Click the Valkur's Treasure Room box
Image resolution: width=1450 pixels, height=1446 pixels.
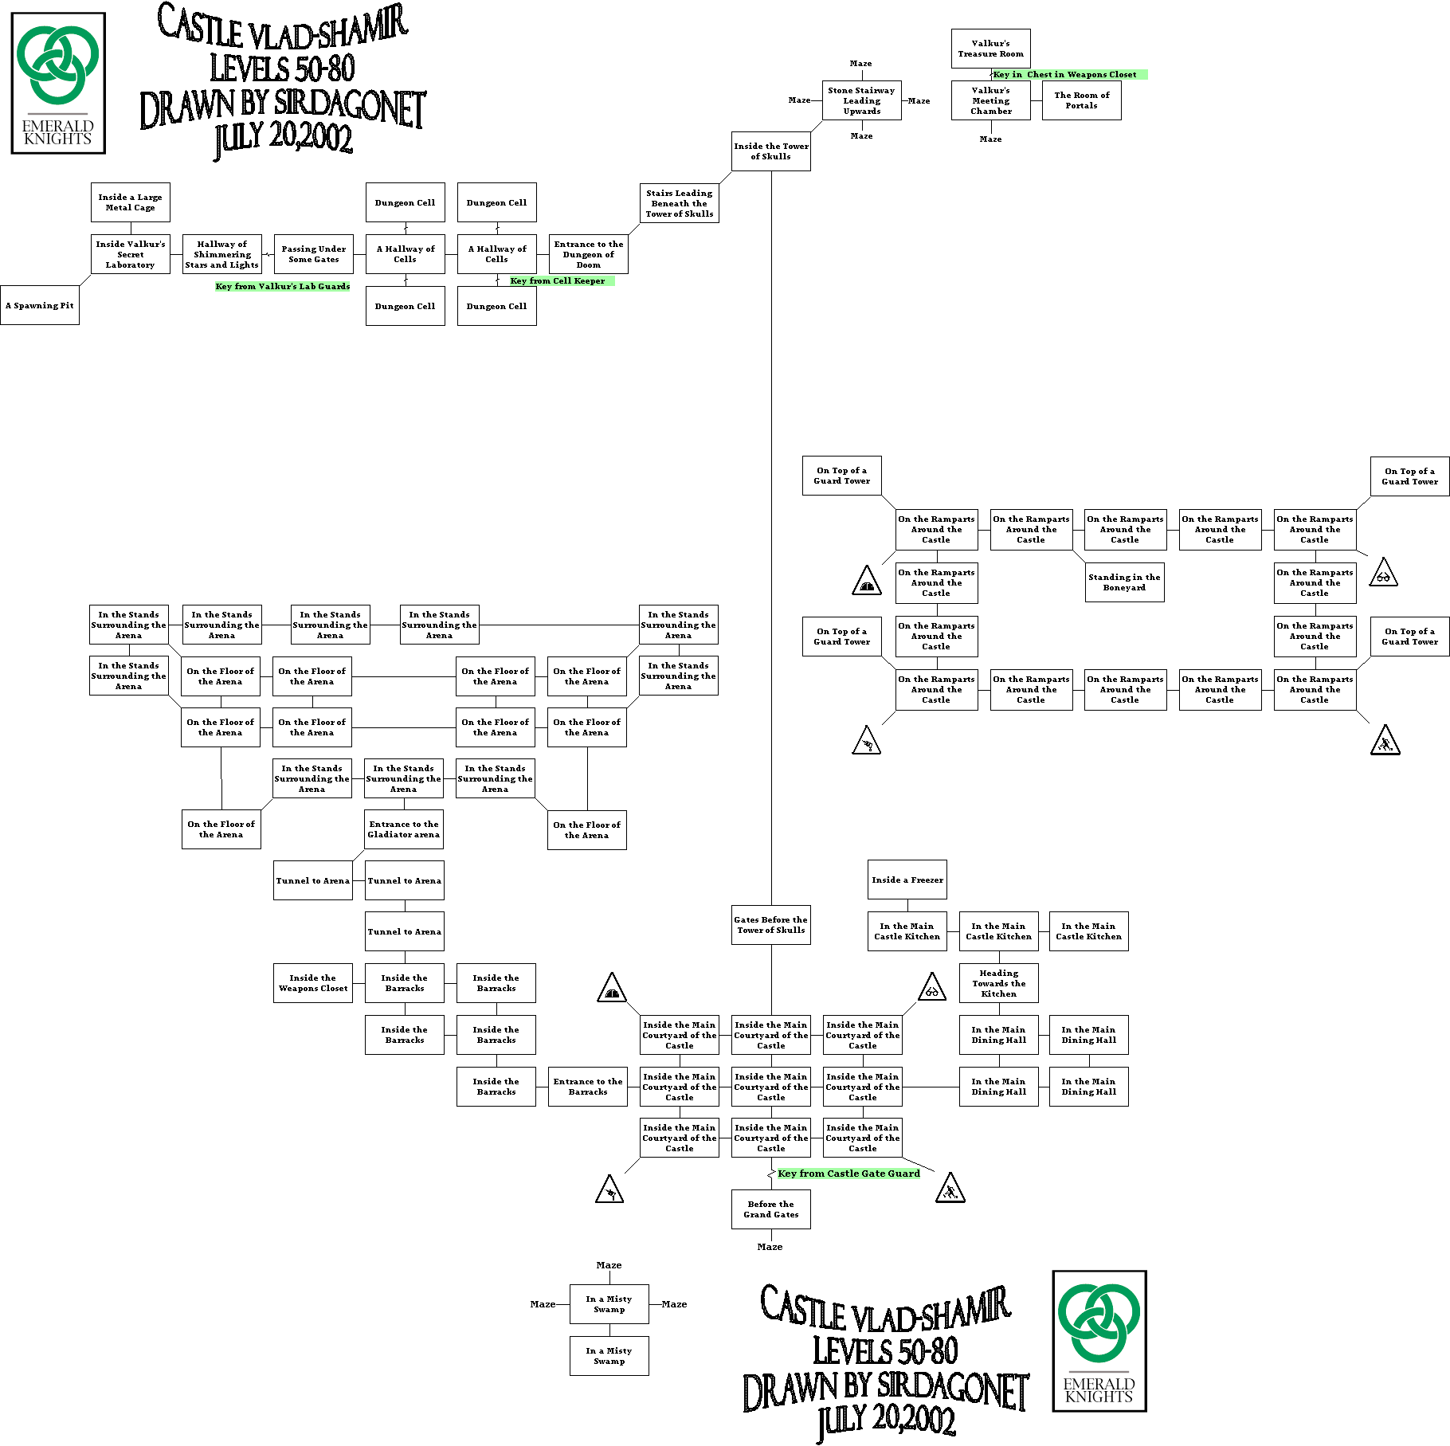click(990, 49)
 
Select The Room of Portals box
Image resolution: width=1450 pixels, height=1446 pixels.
click(1081, 100)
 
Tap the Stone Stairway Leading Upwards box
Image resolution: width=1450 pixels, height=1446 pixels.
click(861, 101)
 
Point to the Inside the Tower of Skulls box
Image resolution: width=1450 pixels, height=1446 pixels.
click(770, 151)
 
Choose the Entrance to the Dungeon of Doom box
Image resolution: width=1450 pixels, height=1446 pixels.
click(588, 254)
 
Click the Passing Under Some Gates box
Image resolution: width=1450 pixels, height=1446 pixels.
click(313, 254)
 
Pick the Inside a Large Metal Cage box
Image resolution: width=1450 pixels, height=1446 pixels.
click(130, 202)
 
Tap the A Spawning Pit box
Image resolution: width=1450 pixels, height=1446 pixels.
click(40, 305)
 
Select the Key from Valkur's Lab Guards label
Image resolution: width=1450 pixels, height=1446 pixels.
click(283, 287)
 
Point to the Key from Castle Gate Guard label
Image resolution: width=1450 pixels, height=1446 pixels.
click(848, 1174)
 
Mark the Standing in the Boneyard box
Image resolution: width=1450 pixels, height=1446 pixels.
click(1124, 582)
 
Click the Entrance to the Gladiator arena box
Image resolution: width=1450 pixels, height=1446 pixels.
click(403, 829)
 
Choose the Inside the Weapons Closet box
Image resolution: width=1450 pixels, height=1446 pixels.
click(312, 983)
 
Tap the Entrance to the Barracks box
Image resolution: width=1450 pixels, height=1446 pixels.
click(587, 1087)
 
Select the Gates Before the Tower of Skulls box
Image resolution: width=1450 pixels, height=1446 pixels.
click(770, 925)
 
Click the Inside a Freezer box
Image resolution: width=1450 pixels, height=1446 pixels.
click(907, 880)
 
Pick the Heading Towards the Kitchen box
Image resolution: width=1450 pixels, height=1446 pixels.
click(998, 983)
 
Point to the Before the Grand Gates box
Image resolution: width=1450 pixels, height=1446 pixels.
click(770, 1209)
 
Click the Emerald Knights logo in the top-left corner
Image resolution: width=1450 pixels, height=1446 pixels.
click(58, 83)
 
